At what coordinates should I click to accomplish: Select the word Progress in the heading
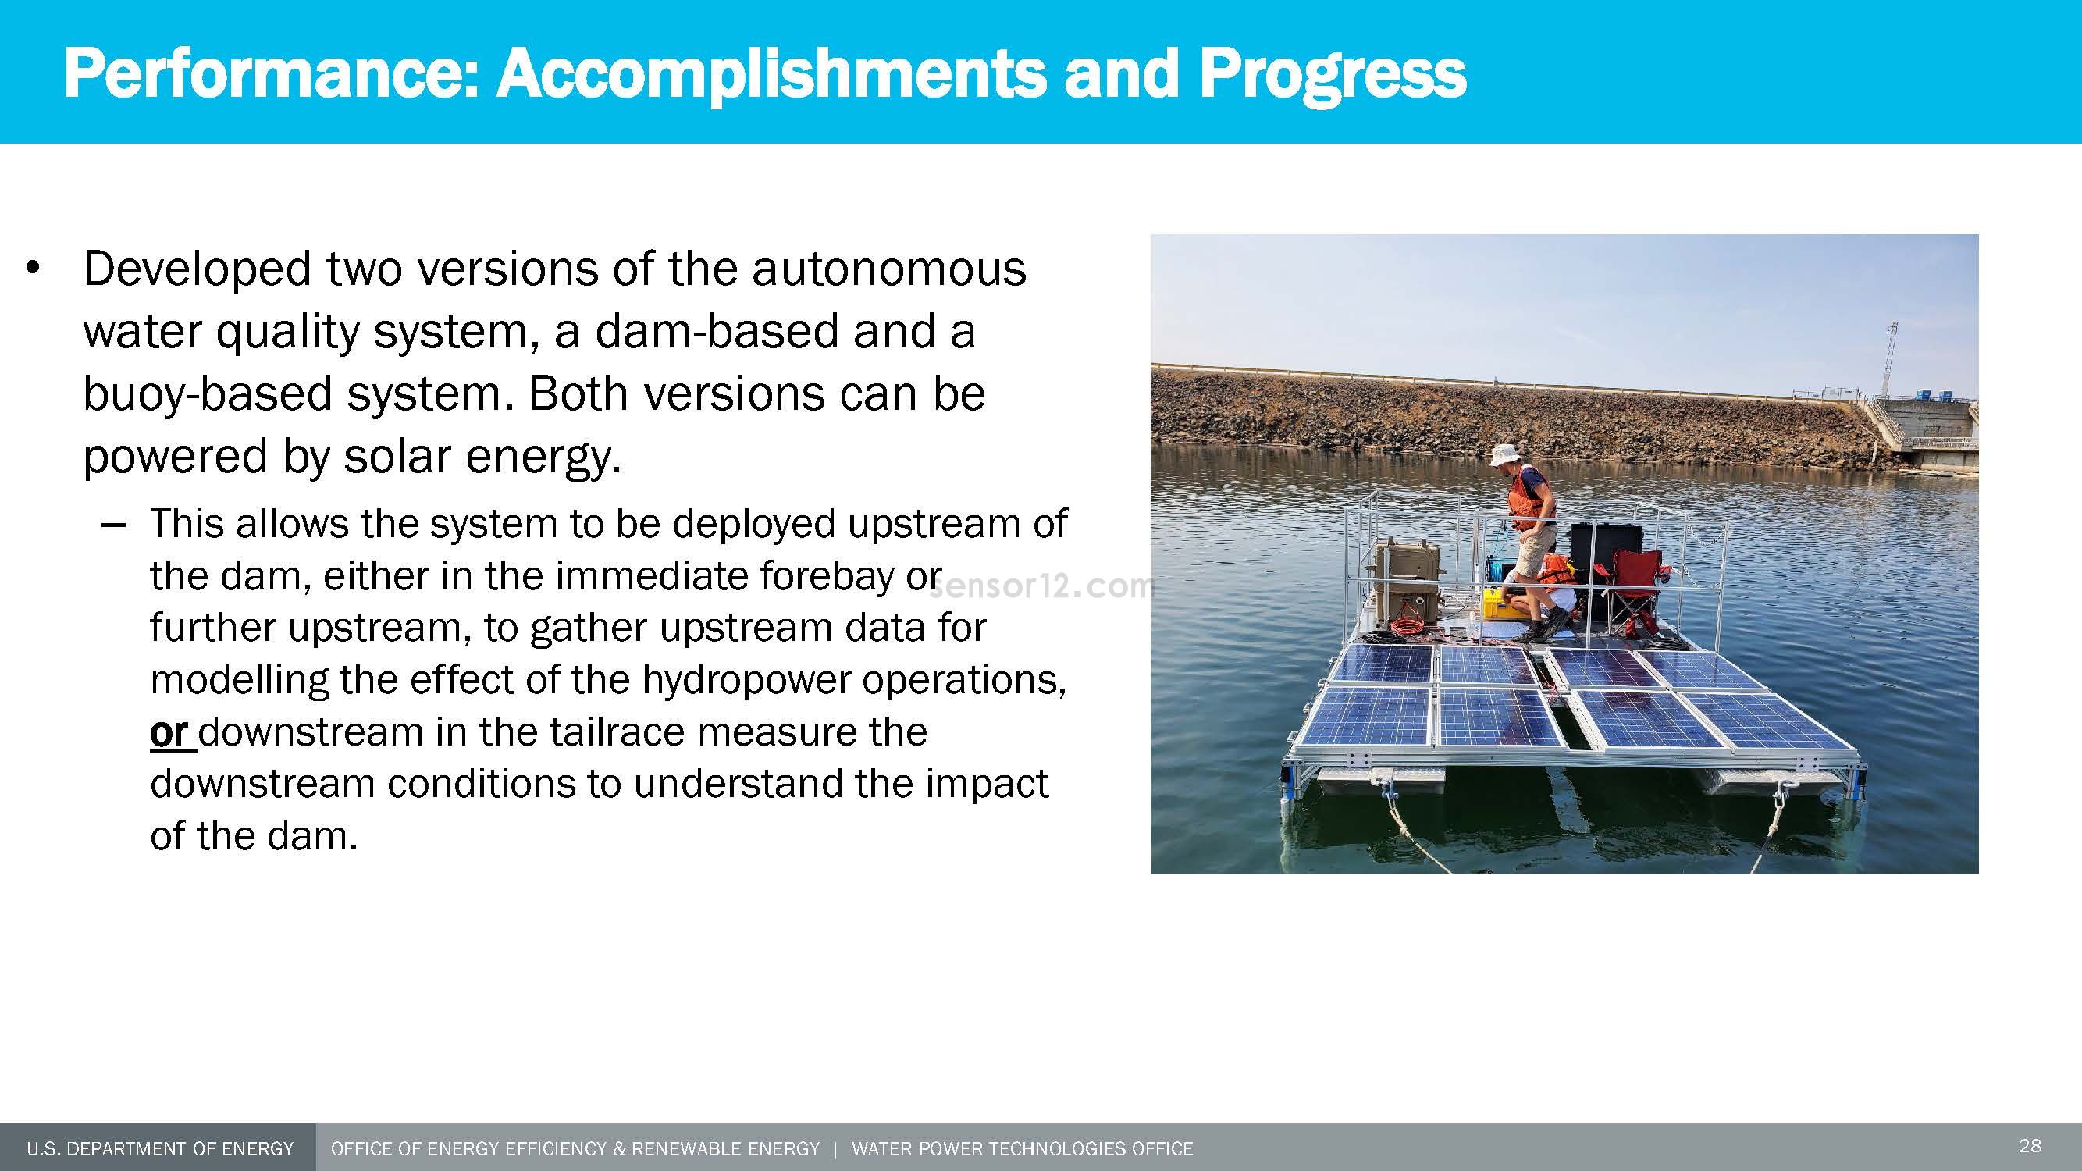point(1332,73)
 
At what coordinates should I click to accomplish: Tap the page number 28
point(2030,1145)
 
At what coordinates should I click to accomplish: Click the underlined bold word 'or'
point(169,732)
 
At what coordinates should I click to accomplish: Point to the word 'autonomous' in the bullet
point(888,269)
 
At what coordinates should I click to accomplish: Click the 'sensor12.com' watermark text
point(1043,587)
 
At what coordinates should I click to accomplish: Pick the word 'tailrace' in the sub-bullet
point(617,732)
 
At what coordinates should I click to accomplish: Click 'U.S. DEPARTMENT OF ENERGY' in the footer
point(159,1148)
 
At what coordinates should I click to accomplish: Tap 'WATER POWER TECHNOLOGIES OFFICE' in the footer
point(1022,1148)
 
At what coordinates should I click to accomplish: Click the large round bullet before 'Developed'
point(32,269)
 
